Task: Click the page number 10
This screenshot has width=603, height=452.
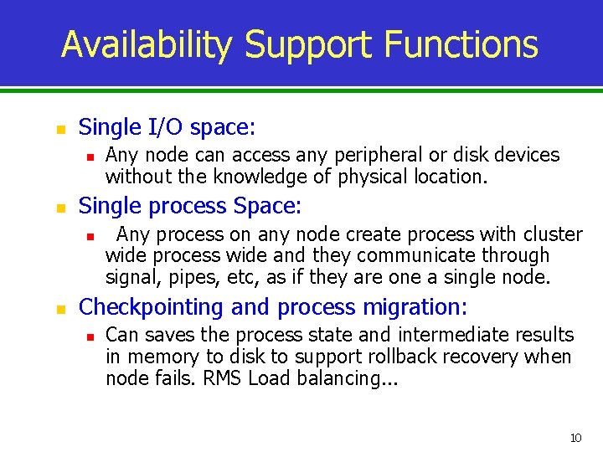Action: pos(575,438)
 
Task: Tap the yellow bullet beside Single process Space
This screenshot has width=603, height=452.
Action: pos(59,208)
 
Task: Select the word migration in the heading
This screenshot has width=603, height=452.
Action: pos(415,307)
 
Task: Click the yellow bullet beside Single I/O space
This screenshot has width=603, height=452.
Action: pos(59,130)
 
